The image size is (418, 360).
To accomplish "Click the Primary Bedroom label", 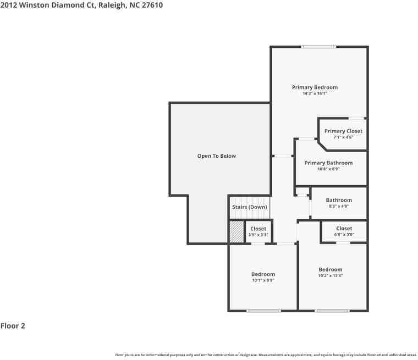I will click(x=315, y=87).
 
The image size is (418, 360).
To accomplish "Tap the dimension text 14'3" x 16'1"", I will click(x=315, y=94).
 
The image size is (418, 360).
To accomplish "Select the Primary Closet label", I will click(x=343, y=131).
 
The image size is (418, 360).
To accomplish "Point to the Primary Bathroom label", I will click(x=328, y=163).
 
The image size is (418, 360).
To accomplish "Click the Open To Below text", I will click(x=217, y=156).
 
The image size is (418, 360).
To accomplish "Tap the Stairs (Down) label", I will click(x=250, y=207).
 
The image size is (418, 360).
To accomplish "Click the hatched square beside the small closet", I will click(x=237, y=231).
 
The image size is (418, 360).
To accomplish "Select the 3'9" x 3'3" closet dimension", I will click(x=258, y=235).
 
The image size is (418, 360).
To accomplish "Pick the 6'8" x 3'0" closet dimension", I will click(x=344, y=235).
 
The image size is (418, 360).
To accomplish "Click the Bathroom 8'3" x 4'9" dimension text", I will click(x=338, y=207).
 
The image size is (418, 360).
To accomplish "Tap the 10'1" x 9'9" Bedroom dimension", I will click(x=263, y=280).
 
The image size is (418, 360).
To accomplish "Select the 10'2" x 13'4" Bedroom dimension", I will click(x=330, y=276).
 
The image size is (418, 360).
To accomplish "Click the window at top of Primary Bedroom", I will click(x=319, y=47).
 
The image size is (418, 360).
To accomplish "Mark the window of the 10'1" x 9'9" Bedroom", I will click(x=264, y=311).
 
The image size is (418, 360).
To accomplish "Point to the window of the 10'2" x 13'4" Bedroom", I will click(x=332, y=311).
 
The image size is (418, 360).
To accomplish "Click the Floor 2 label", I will click(x=13, y=326).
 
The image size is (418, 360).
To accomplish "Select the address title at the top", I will click(x=81, y=5).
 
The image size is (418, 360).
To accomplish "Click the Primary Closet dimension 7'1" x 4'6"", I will click(x=343, y=137).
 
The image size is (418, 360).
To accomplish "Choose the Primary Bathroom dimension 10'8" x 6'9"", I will click(x=328, y=169).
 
